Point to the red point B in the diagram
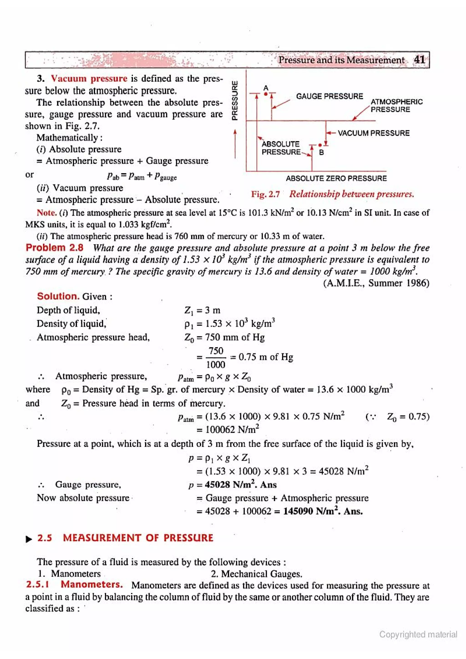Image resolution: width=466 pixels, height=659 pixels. tap(320, 145)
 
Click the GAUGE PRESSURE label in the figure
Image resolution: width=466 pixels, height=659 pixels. tap(329, 96)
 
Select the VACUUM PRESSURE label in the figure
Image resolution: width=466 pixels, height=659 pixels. tap(373, 133)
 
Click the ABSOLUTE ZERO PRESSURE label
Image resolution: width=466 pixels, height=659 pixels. tap(336, 179)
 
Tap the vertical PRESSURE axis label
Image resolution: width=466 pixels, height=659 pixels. tap(235, 101)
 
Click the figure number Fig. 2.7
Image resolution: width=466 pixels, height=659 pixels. tap(265, 194)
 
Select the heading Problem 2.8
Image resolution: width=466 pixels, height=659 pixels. tap(55, 248)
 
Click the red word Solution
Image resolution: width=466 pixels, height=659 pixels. tap(58, 296)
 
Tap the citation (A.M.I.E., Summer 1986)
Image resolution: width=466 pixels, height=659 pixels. tap(376, 283)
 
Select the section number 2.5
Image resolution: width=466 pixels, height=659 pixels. tap(45, 538)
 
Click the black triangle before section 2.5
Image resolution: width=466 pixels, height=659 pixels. tap(29, 539)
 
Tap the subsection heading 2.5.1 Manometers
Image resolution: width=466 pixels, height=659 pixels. tap(75, 584)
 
